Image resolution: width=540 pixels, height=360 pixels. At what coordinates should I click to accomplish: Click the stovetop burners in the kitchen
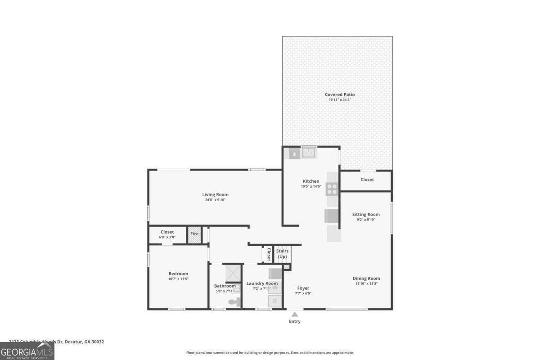(x=332, y=189)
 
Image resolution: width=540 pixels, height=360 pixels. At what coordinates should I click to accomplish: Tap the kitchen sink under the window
(x=309, y=153)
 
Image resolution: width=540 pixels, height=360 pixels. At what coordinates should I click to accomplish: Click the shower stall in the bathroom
(x=233, y=273)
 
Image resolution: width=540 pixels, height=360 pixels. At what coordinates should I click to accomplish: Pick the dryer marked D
(x=275, y=301)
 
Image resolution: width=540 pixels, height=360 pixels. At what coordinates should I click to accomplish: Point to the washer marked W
(x=275, y=287)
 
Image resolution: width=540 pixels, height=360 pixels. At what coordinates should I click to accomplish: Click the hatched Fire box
(x=194, y=235)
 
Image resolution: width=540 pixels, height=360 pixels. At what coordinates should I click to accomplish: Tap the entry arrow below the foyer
(x=295, y=314)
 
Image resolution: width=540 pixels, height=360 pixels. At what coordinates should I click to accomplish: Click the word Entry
(x=295, y=321)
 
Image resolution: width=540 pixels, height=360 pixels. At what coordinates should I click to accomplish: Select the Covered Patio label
(x=340, y=94)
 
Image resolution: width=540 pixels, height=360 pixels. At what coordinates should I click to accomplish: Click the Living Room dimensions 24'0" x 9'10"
(x=215, y=200)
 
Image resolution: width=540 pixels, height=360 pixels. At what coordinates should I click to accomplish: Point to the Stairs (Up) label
(x=282, y=254)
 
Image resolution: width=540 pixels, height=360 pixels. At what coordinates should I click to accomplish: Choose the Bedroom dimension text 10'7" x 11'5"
(x=178, y=279)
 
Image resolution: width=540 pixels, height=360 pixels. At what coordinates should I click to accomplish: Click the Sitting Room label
(x=366, y=215)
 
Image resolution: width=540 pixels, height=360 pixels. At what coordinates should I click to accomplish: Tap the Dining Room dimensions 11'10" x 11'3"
(x=366, y=284)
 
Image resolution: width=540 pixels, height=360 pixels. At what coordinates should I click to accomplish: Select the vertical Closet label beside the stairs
(x=269, y=254)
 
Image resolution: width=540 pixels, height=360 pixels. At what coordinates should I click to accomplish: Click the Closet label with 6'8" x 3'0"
(x=167, y=232)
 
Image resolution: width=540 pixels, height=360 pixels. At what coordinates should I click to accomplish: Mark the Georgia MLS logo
(x=27, y=351)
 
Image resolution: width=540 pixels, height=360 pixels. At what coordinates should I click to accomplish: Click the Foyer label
(x=303, y=288)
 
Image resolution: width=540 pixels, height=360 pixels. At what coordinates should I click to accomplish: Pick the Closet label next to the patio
(x=367, y=180)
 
